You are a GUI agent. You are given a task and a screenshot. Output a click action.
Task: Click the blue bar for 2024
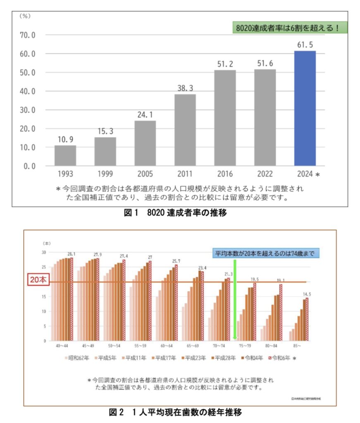(305, 108)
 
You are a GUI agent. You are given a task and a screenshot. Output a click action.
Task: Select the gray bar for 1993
(65, 155)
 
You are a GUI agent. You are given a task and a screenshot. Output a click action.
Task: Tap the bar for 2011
(185, 130)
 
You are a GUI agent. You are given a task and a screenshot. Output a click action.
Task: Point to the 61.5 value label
(305, 45)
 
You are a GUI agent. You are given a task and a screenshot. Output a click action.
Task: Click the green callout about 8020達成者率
(289, 28)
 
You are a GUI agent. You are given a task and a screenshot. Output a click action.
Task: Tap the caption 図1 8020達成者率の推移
(179, 214)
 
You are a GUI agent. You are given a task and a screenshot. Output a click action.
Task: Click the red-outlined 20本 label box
(39, 279)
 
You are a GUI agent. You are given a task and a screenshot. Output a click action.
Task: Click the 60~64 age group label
(167, 345)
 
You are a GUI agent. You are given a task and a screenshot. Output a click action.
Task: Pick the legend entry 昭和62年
(77, 359)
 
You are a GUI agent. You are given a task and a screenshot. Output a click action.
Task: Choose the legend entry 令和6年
(279, 359)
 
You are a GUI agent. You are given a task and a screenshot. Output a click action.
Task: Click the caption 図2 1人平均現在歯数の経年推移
(179, 412)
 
